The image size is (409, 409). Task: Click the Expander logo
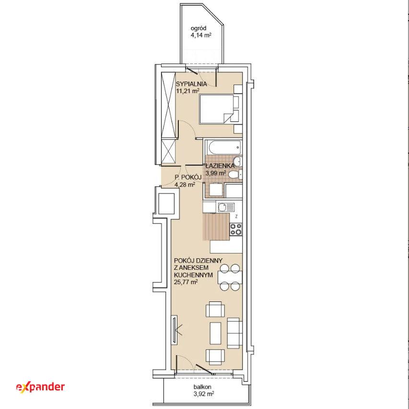[40, 387]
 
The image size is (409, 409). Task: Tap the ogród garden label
[199, 28]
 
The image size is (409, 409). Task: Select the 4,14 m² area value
[201, 35]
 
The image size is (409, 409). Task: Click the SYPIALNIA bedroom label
[191, 84]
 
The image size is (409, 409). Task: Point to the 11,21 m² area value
[188, 91]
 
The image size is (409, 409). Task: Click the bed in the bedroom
[217, 109]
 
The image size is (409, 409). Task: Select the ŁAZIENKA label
[220, 166]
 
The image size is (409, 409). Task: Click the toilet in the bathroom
[235, 174]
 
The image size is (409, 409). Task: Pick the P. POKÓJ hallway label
[188, 178]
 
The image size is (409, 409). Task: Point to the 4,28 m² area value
[185, 185]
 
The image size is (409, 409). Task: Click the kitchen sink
[226, 208]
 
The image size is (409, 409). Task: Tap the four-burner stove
[236, 229]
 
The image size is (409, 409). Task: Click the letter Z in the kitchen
[236, 217]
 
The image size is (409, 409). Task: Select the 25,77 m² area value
[186, 282]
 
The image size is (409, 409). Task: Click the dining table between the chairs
[230, 277]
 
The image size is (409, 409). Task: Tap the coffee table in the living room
[215, 333]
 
